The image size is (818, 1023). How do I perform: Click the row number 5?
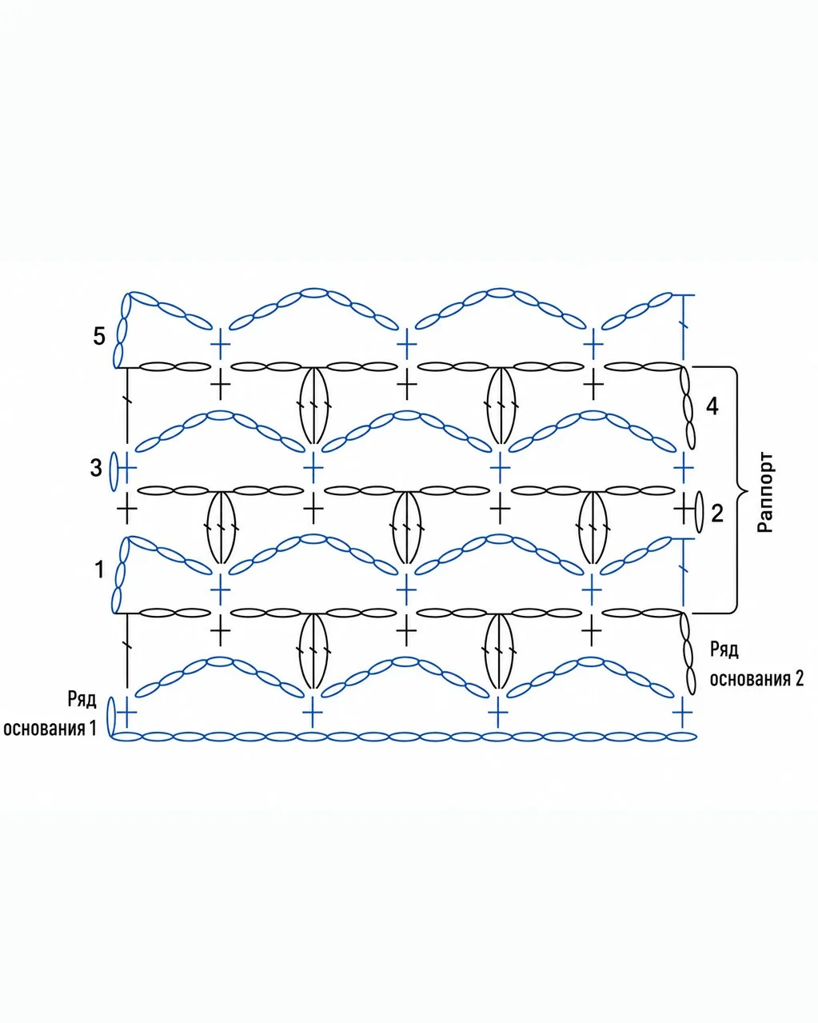[99, 337]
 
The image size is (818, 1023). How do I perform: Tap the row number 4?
[712, 406]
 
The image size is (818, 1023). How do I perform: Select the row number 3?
[96, 468]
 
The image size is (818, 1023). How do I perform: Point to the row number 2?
[717, 513]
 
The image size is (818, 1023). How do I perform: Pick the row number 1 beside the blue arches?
[99, 569]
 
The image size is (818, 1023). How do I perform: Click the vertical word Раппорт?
[764, 492]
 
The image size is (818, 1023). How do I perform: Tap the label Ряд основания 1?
[50, 713]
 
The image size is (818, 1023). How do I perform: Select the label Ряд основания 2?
[756, 664]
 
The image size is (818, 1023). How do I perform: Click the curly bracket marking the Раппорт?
[736, 490]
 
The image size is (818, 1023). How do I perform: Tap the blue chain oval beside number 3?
[114, 472]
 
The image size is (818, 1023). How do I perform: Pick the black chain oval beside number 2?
[700, 513]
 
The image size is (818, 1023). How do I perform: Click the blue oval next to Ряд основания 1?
[111, 717]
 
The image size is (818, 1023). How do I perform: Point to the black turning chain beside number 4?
[688, 408]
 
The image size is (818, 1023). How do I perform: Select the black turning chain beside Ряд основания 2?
[688, 654]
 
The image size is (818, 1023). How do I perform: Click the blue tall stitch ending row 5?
[684, 328]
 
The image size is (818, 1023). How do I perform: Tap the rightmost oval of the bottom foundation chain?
[681, 737]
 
